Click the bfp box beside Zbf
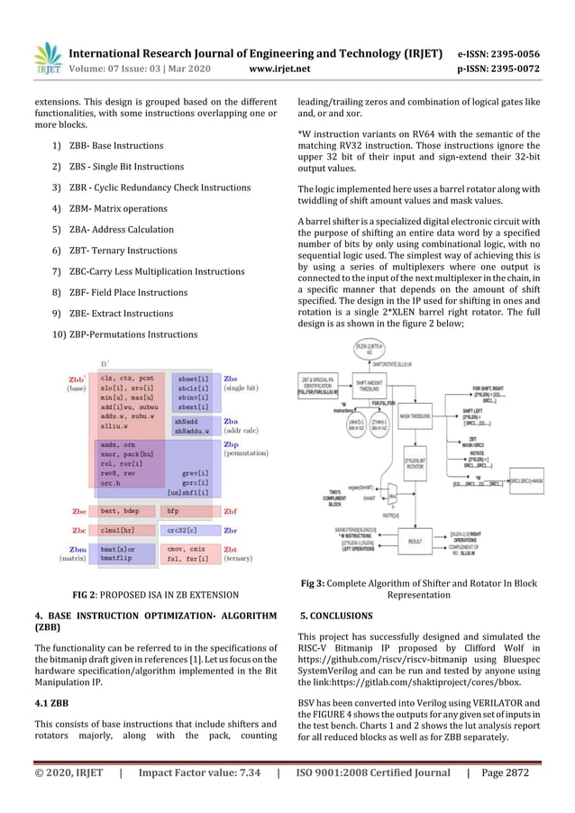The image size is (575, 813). click(x=177, y=511)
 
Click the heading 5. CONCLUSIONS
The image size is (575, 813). click(x=335, y=616)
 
